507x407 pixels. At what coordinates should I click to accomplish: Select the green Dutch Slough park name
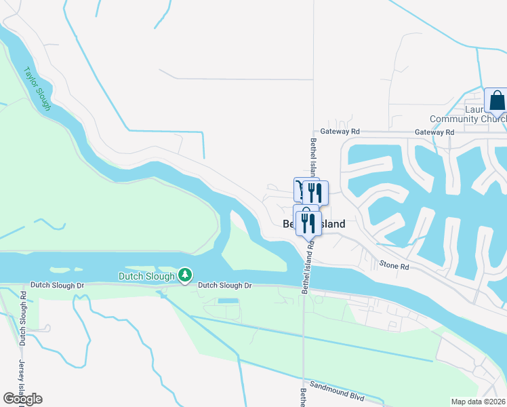(146, 276)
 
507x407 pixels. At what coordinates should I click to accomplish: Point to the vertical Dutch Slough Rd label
(22, 319)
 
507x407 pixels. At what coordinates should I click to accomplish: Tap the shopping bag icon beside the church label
(496, 100)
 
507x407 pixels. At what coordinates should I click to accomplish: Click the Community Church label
(468, 119)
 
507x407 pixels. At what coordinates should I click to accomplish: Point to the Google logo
(22, 399)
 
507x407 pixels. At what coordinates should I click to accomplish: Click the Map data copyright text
(479, 402)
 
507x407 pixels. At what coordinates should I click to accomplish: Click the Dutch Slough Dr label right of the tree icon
(225, 286)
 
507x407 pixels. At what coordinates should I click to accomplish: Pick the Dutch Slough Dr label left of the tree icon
(57, 286)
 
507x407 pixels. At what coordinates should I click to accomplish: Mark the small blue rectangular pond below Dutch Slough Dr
(228, 301)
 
